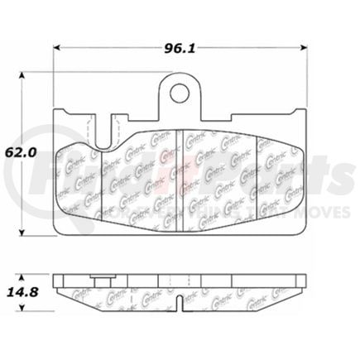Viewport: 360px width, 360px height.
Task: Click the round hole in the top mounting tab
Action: (x=181, y=91)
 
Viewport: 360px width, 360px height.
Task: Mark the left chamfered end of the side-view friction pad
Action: (x=63, y=288)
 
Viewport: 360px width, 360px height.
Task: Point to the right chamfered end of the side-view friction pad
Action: (x=299, y=288)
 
